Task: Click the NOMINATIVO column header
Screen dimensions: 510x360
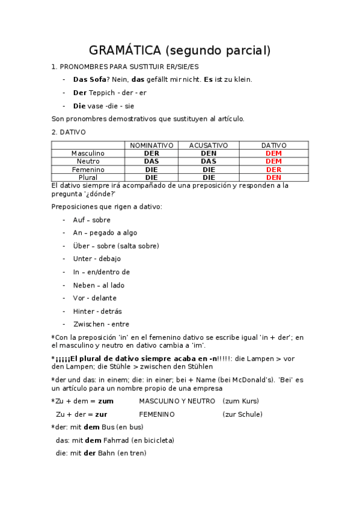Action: (151, 146)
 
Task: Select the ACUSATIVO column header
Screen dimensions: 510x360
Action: (209, 146)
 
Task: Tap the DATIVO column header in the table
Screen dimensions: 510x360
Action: (273, 146)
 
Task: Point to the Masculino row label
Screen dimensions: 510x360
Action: (88, 153)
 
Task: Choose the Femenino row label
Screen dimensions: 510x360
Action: (88, 170)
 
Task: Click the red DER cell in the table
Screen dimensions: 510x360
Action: (273, 170)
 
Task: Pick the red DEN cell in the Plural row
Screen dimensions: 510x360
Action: (273, 177)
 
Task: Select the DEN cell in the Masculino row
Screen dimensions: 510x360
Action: (209, 153)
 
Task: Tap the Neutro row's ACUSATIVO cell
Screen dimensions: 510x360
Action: (209, 161)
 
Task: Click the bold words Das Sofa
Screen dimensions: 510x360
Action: (90, 79)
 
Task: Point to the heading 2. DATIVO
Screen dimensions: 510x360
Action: (69, 132)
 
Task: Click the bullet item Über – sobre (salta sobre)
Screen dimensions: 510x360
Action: (115, 246)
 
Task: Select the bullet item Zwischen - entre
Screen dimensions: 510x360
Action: (101, 324)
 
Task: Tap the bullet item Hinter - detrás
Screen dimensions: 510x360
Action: (97, 312)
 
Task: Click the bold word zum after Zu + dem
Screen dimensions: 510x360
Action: (105, 401)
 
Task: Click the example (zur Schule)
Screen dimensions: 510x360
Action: (242, 414)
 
